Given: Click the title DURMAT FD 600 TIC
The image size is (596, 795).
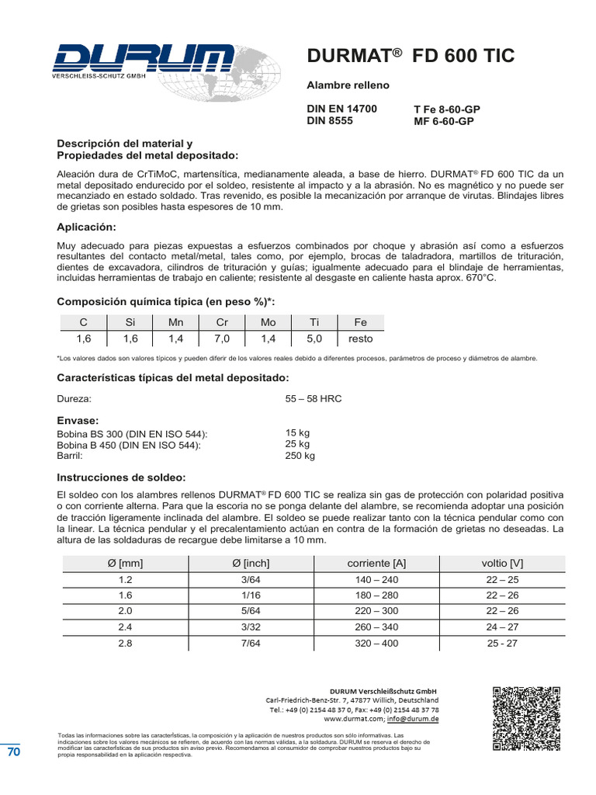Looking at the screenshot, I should coord(411,56).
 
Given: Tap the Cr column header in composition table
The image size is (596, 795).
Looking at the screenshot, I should coord(221,322).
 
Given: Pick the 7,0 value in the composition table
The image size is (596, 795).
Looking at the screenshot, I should coord(221,338).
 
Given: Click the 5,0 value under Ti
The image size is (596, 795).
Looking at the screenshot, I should coord(314,338).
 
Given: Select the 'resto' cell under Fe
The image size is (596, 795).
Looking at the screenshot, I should coord(360,338).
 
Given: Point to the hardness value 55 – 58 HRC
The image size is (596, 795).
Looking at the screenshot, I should coord(314,398).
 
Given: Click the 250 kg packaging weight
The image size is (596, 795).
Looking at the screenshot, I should coord(300,456).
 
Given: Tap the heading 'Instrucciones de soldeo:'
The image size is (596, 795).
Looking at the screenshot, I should coord(121,477).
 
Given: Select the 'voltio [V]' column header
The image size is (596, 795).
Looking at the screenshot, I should coord(502,563).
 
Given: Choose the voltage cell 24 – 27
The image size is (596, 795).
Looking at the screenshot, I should coord(502,627).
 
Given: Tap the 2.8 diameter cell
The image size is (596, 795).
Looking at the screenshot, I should coord(125,643).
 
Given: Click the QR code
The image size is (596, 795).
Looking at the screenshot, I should coord(526,718).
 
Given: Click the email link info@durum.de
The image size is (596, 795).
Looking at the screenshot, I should coord(414,719).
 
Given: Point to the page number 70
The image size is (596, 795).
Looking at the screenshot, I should coord(14,752).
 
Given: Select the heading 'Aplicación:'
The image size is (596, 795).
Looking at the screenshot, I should coord(86,227).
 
